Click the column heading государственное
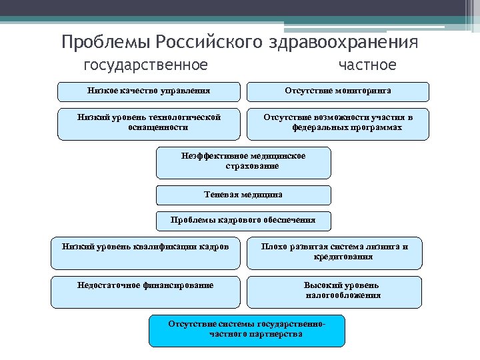145,65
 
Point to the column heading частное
367,65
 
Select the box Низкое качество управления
149,91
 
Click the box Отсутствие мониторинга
338,91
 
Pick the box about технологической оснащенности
149,123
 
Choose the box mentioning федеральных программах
338,123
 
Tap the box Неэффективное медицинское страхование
243,163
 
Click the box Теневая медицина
243,195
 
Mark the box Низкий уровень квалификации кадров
145,253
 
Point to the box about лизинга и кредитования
335,253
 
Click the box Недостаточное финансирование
145,291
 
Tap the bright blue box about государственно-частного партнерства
247,331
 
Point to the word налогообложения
343,295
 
